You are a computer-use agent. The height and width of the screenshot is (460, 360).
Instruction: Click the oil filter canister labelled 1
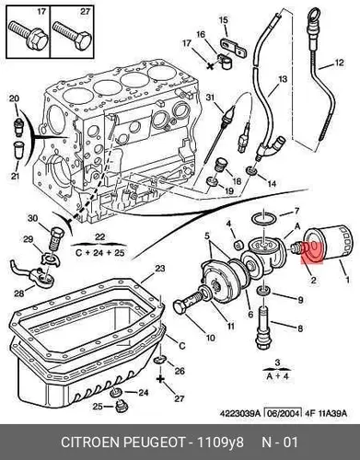pos(329,244)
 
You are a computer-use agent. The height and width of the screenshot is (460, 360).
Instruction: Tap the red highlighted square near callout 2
pos(312,253)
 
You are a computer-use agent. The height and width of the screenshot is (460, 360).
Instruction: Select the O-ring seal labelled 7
pos(264,219)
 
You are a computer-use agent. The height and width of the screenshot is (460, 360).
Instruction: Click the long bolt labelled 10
pos(190,302)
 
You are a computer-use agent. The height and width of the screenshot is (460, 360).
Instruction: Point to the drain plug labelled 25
pos(120,407)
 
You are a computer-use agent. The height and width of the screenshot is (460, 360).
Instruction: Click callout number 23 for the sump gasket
pos(160,269)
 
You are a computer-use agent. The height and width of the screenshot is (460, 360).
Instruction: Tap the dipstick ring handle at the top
pos(314,15)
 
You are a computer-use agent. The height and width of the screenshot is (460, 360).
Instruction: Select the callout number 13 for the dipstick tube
pos(283,79)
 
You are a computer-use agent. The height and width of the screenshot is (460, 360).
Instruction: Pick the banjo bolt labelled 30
pos(57,239)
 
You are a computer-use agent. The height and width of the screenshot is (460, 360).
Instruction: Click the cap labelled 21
pos(19,149)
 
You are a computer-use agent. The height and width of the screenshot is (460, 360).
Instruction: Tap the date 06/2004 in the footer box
pos(283,413)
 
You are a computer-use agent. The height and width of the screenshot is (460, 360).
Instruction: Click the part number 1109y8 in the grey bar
pos(220,443)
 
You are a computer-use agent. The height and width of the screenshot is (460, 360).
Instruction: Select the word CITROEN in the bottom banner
pos(89,443)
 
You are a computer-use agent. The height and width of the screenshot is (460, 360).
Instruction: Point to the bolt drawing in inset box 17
pos(28,35)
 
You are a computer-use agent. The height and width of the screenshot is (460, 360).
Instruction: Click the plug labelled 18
pos(220,166)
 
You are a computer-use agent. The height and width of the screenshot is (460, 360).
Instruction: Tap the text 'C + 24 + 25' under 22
pos(99,253)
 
